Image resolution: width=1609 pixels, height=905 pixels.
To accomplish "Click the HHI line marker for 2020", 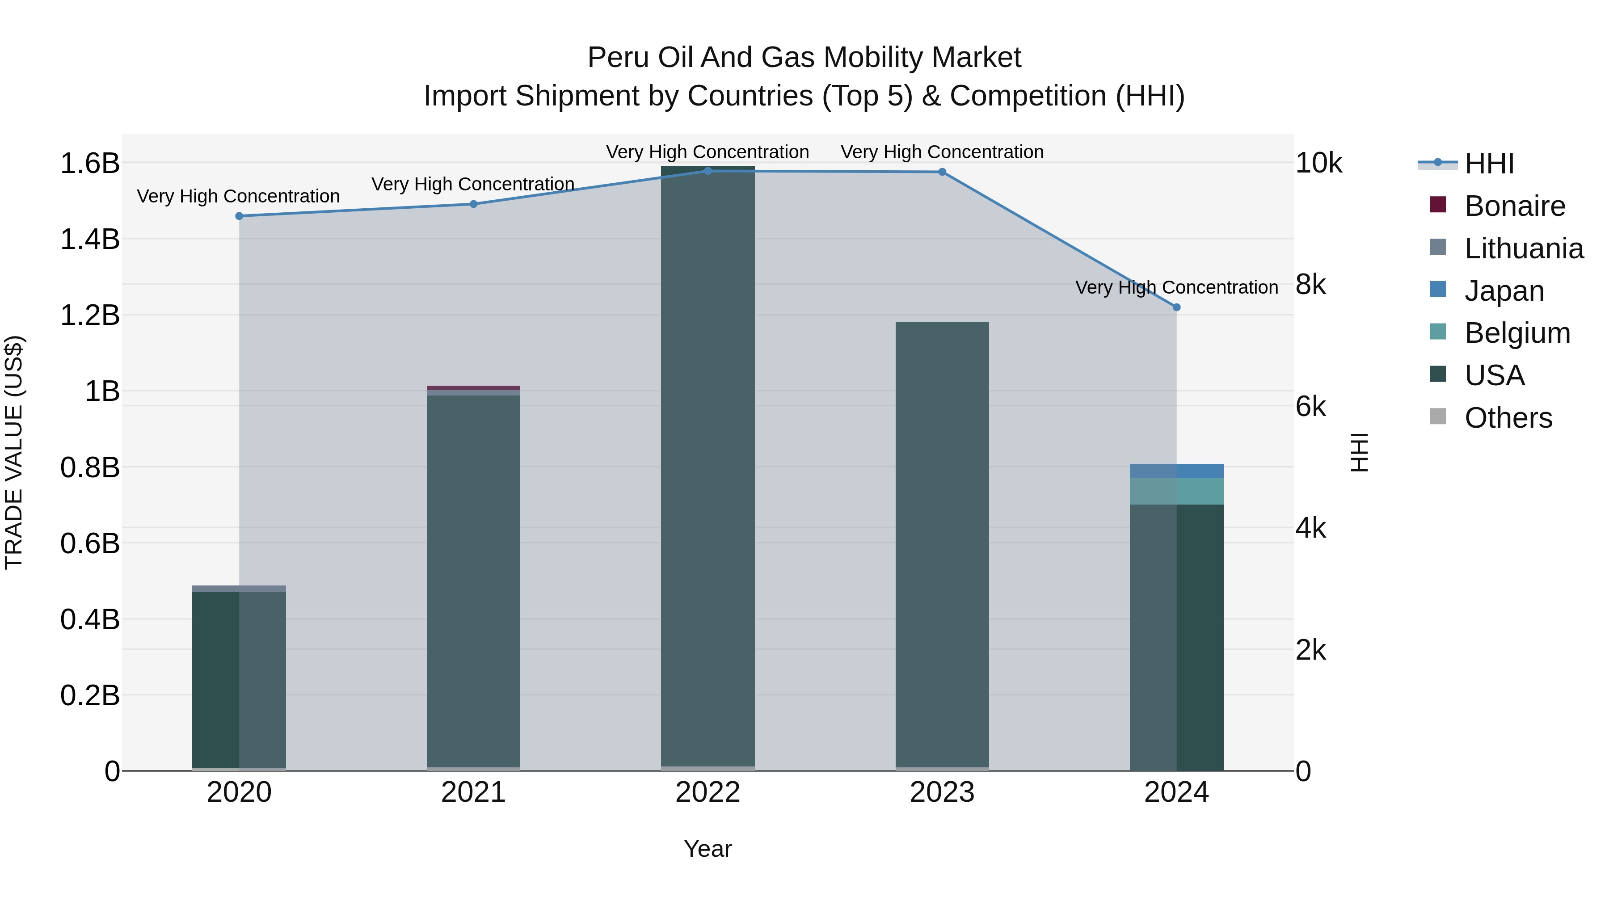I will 239,216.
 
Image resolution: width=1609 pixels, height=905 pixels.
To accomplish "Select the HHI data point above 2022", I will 708,171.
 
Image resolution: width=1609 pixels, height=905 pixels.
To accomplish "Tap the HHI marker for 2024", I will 1177,307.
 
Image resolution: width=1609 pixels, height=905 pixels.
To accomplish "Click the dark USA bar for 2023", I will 942,543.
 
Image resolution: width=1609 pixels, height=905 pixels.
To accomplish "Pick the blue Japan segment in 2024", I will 1177,471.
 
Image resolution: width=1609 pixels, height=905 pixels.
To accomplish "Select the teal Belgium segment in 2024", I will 1177,492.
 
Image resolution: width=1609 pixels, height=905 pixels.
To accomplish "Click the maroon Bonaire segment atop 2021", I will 473,388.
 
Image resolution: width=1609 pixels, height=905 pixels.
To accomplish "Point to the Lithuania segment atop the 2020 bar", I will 239,588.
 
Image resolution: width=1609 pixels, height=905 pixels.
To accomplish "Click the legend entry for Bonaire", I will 1515,206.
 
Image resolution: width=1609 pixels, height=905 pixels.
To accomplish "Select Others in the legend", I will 1508,418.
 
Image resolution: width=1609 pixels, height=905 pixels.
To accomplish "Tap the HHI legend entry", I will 1489,164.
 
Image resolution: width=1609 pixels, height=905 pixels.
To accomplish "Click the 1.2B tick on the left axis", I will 89,316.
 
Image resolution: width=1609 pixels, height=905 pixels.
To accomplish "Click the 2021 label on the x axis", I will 473,792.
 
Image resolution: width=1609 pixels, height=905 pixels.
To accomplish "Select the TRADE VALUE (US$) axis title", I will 14,452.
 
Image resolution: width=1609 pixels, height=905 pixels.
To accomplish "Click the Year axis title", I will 708,849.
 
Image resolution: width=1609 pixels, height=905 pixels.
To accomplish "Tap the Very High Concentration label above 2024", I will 1177,287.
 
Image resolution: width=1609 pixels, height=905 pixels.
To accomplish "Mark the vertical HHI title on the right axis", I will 1359,452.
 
